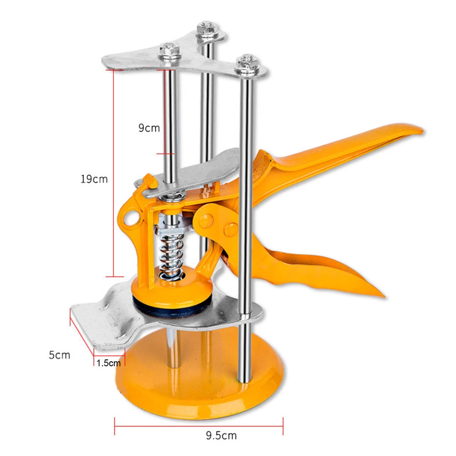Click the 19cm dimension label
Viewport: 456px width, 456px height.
tap(94, 179)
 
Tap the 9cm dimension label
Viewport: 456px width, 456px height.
tap(149, 128)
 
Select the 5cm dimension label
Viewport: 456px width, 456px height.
tap(60, 354)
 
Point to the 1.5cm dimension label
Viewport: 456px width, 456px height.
tap(109, 363)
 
